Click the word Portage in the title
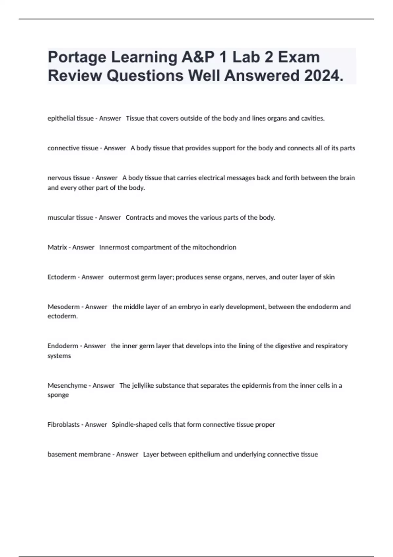(x=77, y=58)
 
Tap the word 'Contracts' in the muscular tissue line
(x=140, y=218)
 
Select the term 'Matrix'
(x=57, y=247)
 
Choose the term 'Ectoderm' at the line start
(x=62, y=277)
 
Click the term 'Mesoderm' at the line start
(x=64, y=307)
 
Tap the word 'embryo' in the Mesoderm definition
(x=189, y=307)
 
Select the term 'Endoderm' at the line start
(x=63, y=346)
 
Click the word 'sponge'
(x=58, y=395)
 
